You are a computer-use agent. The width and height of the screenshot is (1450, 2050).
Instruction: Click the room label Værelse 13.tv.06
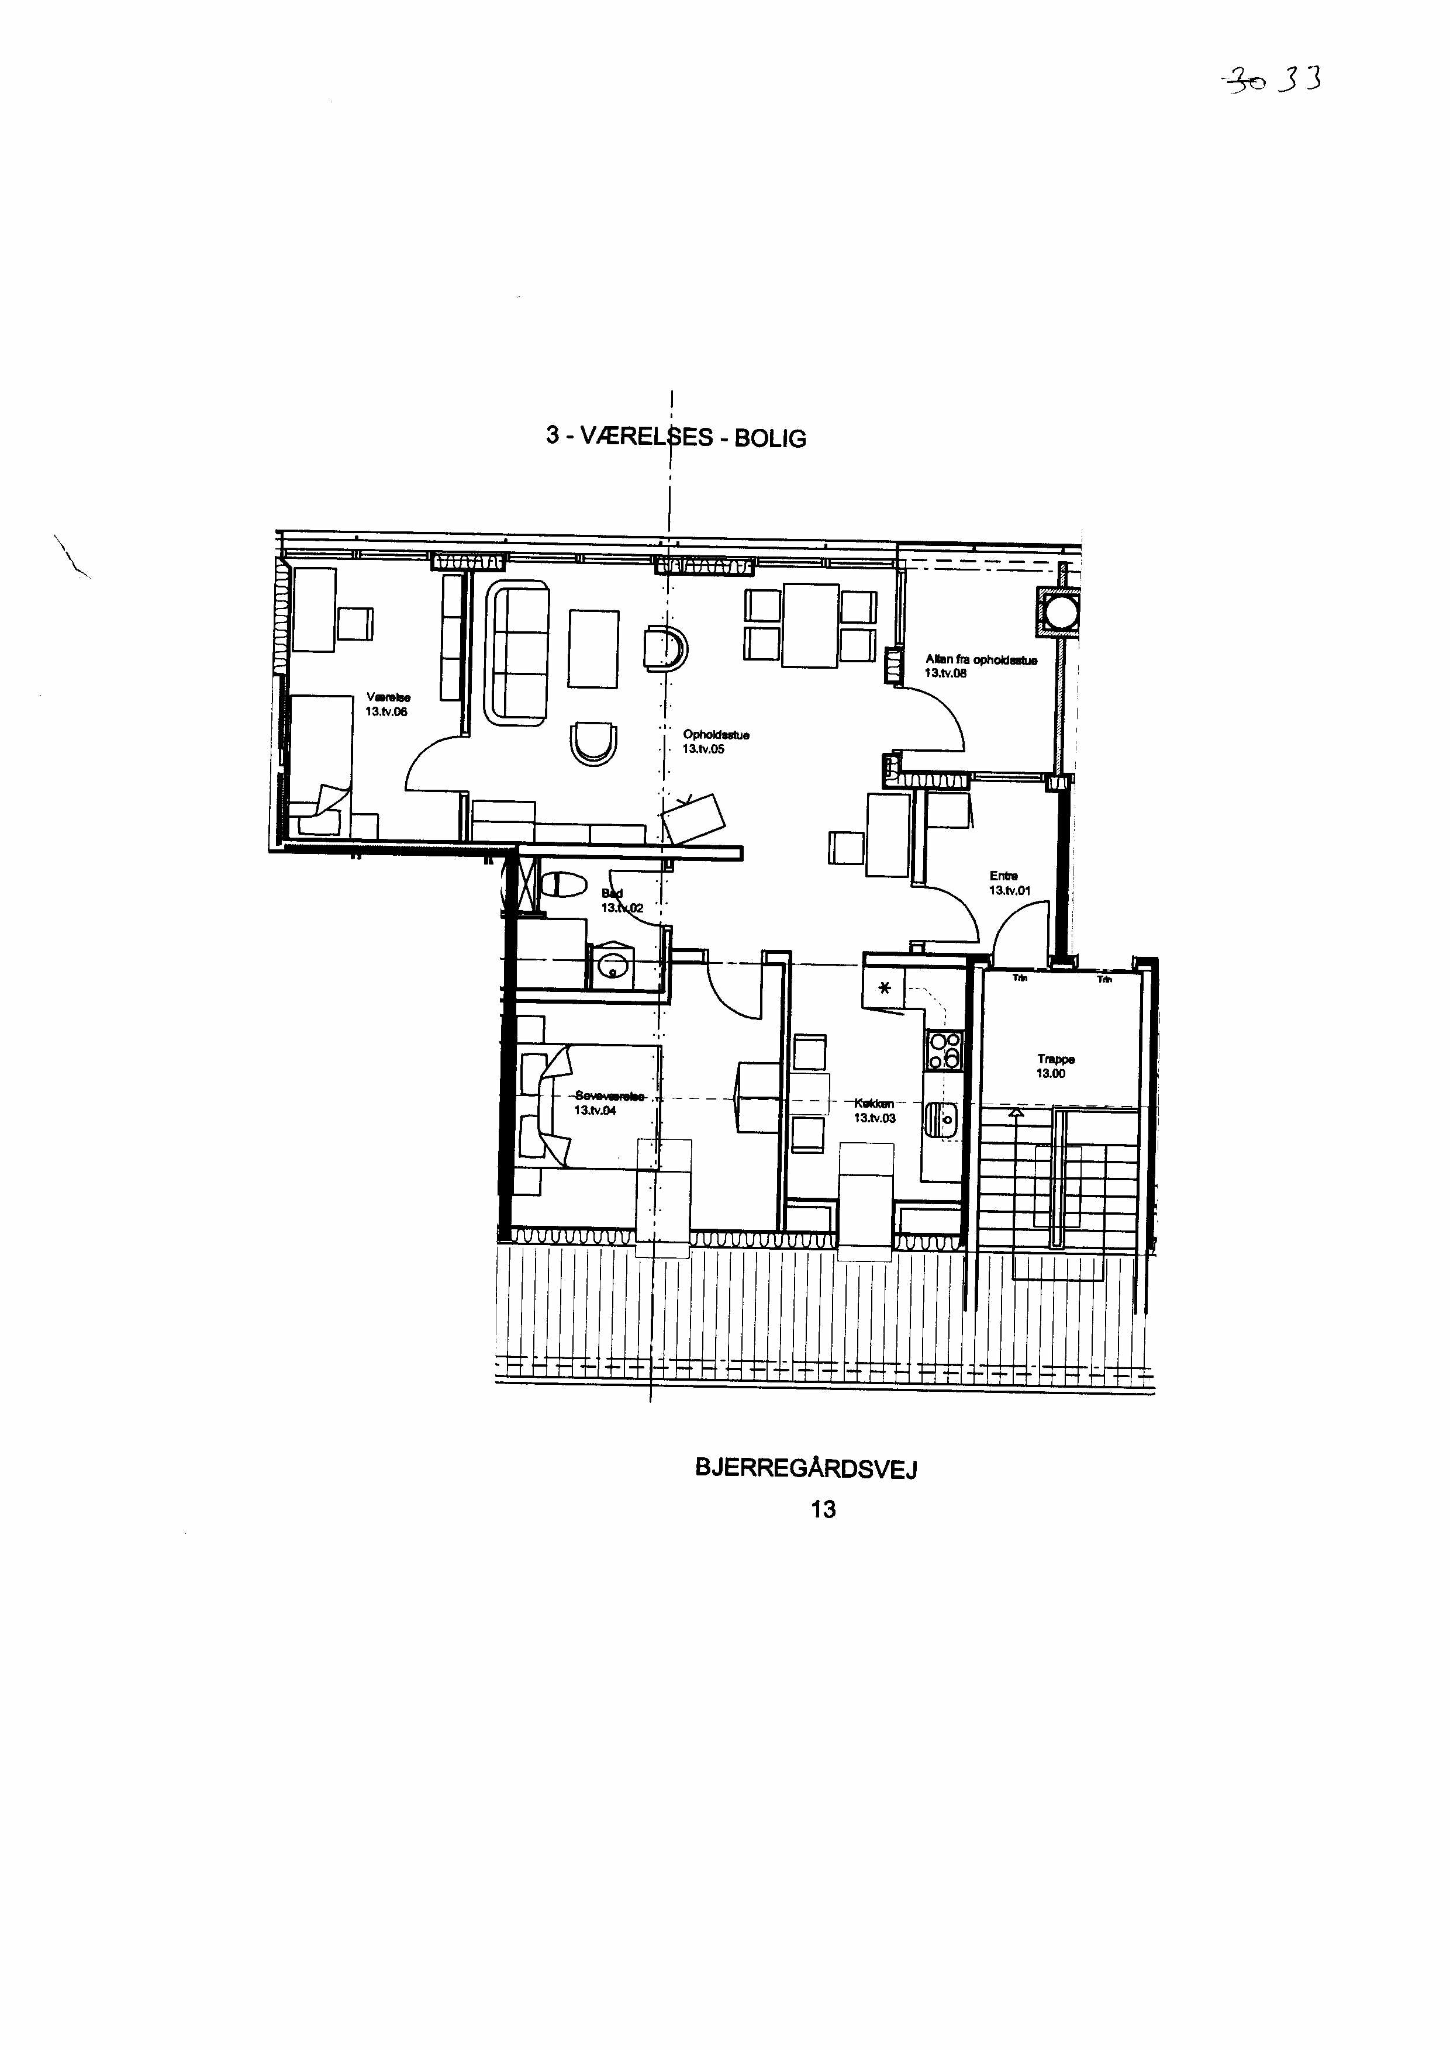point(386,704)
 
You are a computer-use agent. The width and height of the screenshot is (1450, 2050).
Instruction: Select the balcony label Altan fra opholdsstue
point(981,666)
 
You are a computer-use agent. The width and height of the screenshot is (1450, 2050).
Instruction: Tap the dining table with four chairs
point(810,625)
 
